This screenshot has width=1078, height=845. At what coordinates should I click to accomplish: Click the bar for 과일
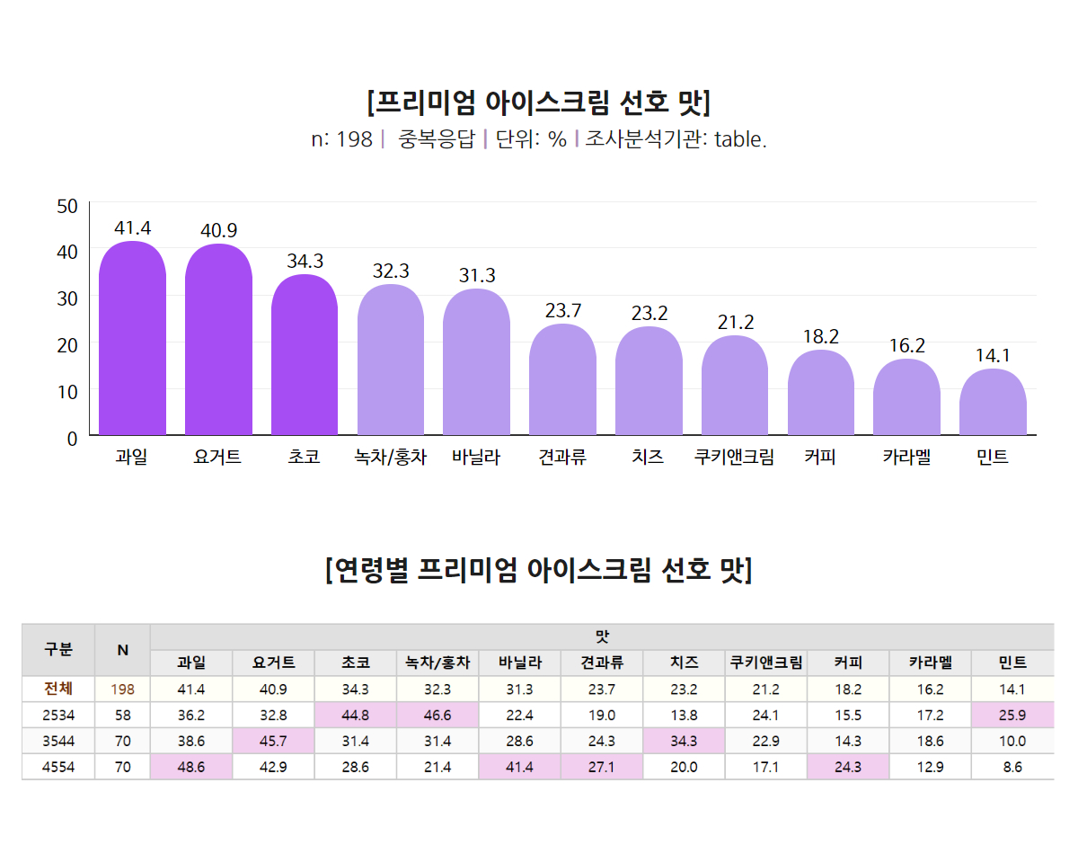tap(132, 342)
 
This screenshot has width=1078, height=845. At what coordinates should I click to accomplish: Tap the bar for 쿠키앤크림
tap(735, 387)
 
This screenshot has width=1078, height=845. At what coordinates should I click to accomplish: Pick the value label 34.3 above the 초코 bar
tap(305, 262)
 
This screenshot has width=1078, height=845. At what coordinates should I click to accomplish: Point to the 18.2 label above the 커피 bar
tap(820, 337)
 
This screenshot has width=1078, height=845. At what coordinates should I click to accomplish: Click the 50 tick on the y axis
tap(67, 207)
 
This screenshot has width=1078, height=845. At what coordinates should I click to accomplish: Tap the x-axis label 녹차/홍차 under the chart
tap(391, 458)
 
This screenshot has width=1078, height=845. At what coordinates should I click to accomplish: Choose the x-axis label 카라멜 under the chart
tap(906, 458)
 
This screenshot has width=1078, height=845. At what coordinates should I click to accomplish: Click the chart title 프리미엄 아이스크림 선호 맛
tap(539, 102)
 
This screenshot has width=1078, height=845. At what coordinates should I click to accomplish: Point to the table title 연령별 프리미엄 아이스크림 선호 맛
tap(539, 570)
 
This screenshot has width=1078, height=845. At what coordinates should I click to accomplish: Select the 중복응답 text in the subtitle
tap(436, 140)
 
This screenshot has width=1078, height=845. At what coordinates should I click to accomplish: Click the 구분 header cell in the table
tap(58, 649)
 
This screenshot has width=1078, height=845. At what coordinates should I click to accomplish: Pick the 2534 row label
tap(58, 716)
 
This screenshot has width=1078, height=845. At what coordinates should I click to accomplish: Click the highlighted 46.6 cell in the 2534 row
tap(437, 716)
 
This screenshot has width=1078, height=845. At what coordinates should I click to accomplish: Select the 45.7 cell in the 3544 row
tap(274, 742)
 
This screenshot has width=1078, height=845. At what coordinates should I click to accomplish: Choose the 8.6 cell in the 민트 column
tap(1012, 768)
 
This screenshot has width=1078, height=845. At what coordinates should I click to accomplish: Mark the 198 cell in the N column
tap(122, 689)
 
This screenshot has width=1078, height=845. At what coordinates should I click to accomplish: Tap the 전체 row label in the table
tap(58, 689)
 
